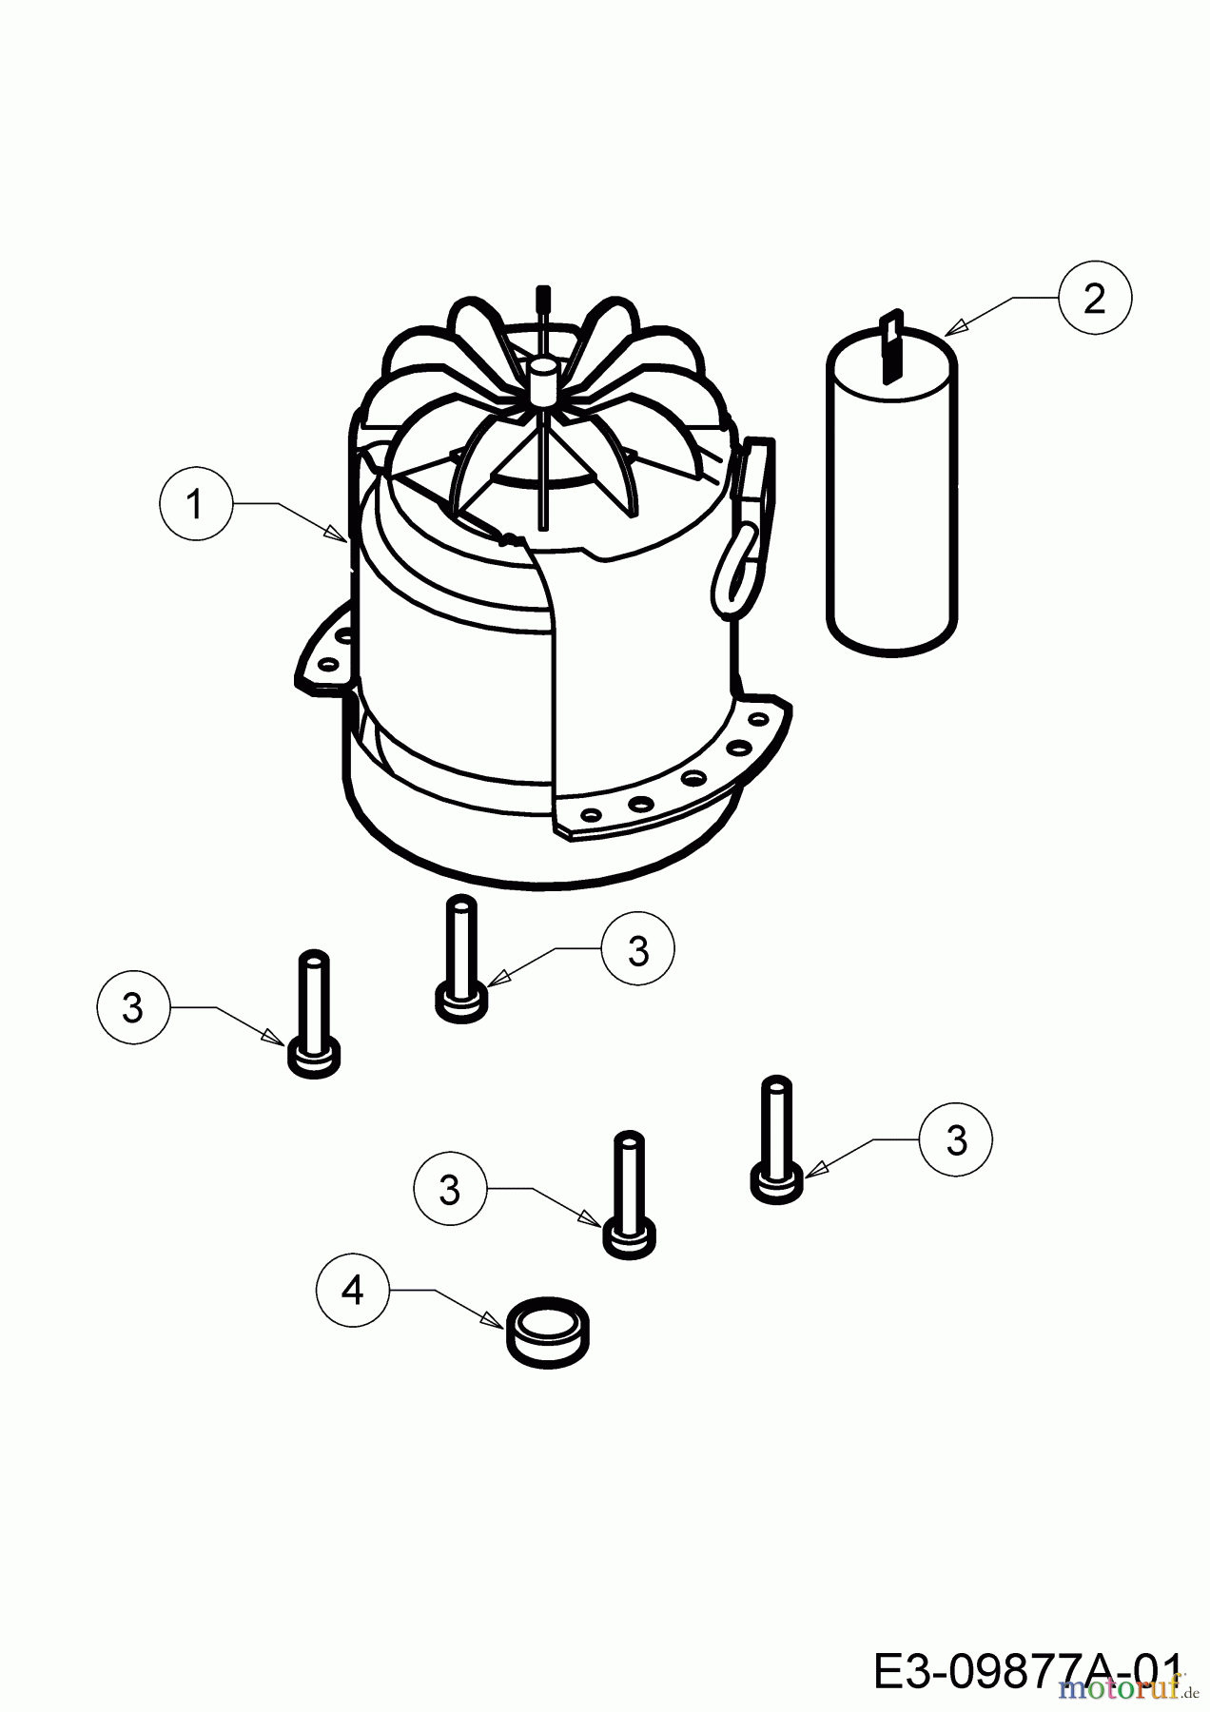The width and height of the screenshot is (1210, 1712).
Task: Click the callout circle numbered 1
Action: click(195, 504)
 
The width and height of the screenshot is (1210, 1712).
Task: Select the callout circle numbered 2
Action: click(1094, 299)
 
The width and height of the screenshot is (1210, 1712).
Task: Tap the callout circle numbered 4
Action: click(353, 1290)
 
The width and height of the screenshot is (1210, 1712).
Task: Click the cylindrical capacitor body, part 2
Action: click(891, 504)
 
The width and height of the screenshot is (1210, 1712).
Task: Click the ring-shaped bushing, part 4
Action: click(549, 1331)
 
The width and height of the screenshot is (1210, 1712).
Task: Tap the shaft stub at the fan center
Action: click(543, 379)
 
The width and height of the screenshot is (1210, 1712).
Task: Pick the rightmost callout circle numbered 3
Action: click(956, 1139)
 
